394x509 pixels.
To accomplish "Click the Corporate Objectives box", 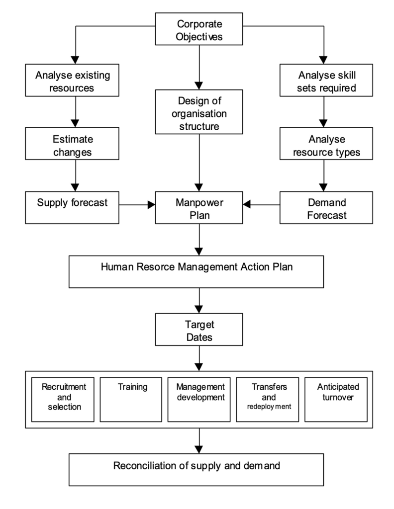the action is click(199, 29).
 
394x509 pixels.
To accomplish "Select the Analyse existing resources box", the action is click(72, 80).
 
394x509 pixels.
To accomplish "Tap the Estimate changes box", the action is click(72, 144).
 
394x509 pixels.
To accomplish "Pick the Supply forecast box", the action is click(72, 207).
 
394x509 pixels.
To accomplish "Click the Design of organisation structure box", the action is click(199, 112).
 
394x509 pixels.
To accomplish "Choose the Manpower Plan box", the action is click(199, 207).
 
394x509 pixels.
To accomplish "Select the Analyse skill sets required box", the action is click(326, 80).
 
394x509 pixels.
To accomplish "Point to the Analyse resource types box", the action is click(326, 144).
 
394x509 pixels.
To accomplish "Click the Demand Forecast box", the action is click(326, 207).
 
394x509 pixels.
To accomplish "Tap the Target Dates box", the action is click(199, 330).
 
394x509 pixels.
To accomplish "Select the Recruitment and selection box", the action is click(63, 400).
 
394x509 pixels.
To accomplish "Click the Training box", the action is click(131, 400).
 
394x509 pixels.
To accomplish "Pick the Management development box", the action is click(199, 400).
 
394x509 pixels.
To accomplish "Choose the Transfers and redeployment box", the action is click(267, 400).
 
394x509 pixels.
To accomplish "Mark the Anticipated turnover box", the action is click(336, 400).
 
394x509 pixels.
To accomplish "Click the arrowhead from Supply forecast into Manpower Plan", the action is click(151, 205).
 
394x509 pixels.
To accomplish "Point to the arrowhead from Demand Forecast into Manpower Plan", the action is click(247, 204).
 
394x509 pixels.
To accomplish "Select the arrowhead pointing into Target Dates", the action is click(199, 309).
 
